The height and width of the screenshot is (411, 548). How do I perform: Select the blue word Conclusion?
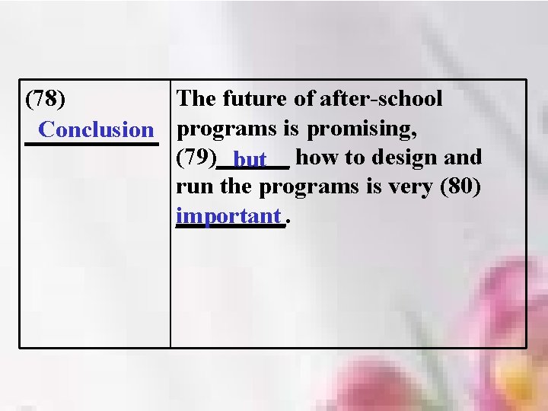pos(96,129)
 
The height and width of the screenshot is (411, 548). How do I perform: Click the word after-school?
pos(381,99)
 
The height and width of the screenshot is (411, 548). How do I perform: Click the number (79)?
pos(196,158)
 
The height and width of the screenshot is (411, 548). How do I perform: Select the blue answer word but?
pos(250,160)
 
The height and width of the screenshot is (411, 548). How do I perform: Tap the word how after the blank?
pos(317,158)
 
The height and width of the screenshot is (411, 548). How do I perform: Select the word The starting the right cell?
pos(196,99)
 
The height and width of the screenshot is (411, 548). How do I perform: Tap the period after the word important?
pos(287,221)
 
